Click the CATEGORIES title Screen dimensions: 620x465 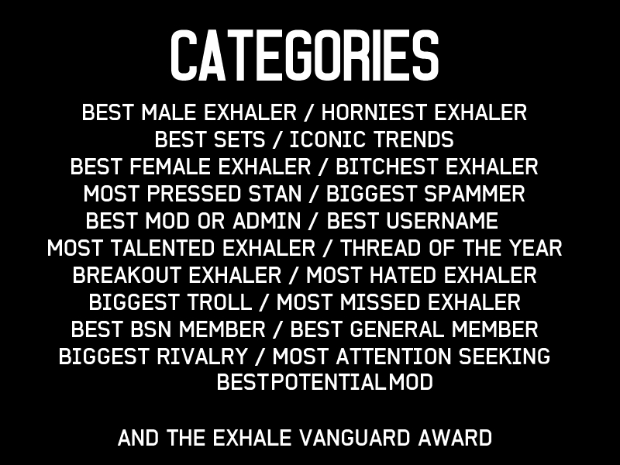tap(305, 55)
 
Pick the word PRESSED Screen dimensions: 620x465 tap(194, 194)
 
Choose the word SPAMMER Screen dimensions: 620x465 tap(474, 194)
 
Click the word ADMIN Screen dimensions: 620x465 tap(267, 221)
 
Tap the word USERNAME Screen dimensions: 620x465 tap(442, 221)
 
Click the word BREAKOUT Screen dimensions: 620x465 tap(126, 275)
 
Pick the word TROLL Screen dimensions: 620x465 tap(219, 302)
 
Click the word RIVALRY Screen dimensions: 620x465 tap(202, 356)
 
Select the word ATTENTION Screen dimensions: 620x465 tap(394, 356)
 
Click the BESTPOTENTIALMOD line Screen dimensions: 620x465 tap(325, 382)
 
